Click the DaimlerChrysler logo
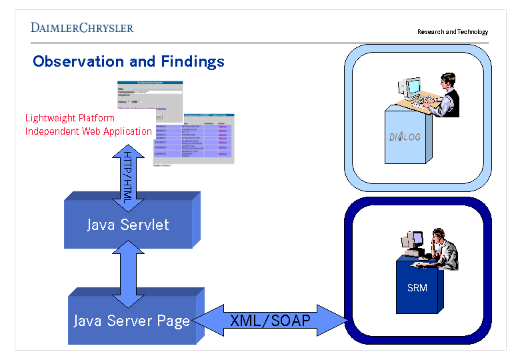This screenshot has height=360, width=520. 82,27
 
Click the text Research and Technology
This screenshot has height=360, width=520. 453,32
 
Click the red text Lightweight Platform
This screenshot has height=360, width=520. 70,118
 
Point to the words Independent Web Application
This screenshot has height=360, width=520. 89,131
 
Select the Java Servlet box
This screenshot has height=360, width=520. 128,225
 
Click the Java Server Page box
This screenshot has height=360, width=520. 131,321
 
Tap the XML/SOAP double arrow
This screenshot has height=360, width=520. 270,321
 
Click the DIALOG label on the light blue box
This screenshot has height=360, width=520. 405,137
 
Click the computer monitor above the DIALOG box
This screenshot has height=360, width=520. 411,87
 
